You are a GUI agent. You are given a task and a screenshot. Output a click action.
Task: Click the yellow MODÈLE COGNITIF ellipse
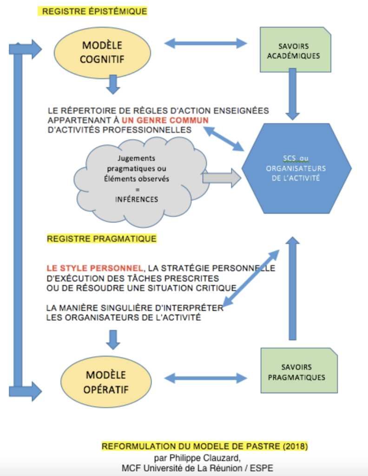[102, 53]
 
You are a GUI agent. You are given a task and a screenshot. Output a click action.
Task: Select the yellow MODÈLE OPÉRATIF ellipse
[106, 382]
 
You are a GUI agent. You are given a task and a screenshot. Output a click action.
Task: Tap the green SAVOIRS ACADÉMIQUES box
[295, 49]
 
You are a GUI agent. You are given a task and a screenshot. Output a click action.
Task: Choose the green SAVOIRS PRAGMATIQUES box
[299, 370]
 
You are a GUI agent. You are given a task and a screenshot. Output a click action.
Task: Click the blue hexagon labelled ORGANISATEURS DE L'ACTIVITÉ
[296, 168]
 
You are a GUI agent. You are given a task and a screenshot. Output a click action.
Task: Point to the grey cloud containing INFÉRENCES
[141, 181]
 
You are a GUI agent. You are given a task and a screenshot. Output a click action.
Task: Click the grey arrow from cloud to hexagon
[222, 178]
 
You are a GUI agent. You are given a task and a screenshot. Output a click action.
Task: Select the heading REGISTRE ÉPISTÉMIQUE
[94, 12]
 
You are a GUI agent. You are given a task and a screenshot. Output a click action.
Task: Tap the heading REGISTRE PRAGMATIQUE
[102, 238]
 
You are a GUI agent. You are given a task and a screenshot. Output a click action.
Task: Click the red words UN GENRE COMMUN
[165, 120]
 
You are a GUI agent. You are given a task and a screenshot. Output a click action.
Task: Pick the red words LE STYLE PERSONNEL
[95, 268]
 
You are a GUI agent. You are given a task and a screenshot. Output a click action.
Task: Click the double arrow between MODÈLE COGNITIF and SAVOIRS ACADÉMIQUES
[205, 43]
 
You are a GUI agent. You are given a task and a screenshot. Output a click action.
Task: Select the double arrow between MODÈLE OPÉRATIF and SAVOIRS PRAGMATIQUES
[205, 378]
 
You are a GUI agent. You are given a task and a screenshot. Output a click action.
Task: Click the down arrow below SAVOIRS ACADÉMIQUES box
[292, 94]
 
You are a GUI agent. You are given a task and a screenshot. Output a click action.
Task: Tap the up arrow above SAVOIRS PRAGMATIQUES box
[292, 288]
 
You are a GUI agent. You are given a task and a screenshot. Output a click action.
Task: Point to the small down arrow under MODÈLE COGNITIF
[113, 85]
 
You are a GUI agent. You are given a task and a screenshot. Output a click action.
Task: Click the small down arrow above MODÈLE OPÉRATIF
[113, 340]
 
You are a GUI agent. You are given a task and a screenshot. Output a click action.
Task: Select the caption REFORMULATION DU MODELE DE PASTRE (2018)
[205, 446]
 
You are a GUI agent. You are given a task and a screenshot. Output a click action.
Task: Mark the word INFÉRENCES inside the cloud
[137, 199]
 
